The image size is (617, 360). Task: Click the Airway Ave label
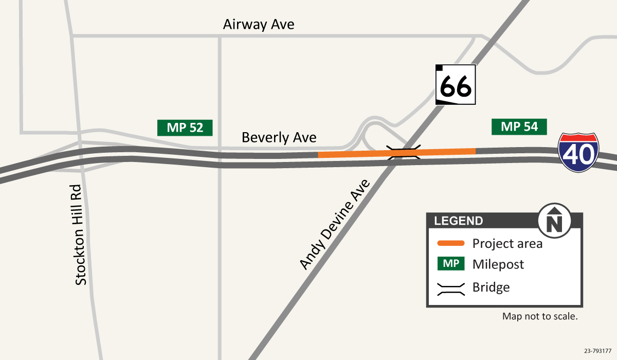click(x=259, y=25)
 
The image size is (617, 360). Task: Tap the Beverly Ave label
click(x=279, y=138)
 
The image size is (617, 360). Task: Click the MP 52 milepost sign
click(x=185, y=128)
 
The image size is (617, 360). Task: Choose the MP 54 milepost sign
click(x=519, y=127)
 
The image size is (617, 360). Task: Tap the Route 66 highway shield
click(x=456, y=85)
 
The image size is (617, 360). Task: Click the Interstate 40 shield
click(x=579, y=153)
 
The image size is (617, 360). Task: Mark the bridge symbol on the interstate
click(x=404, y=152)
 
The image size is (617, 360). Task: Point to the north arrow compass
click(x=554, y=221)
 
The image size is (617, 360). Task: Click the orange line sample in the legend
click(x=451, y=243)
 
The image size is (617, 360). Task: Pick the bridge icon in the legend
click(x=451, y=287)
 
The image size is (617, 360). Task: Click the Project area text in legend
click(x=507, y=244)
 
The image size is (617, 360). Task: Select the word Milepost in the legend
click(x=498, y=265)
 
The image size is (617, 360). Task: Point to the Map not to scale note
click(x=540, y=317)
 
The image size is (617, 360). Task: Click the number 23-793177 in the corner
click(x=598, y=351)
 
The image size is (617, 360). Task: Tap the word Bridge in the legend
click(x=491, y=287)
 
